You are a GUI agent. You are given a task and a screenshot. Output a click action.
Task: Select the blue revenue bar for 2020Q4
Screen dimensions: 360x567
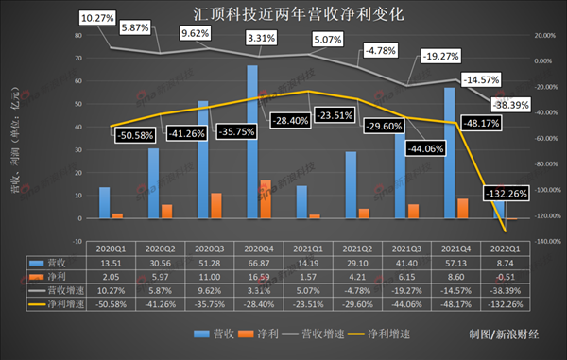pos(252,142)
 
